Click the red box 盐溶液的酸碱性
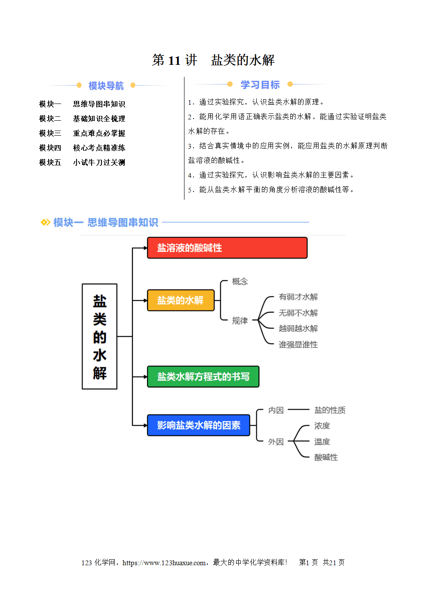[x=227, y=248]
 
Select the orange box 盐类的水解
[x=181, y=300]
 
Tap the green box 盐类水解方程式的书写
[x=203, y=377]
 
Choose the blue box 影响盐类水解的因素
[x=198, y=425]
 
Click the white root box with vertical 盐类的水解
[x=99, y=336]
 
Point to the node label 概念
[x=240, y=281]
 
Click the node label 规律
[x=240, y=320]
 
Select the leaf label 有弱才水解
[x=298, y=297]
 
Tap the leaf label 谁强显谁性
[x=298, y=344]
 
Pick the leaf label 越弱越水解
[x=298, y=329]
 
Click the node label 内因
[x=276, y=410]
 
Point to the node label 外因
[x=276, y=442]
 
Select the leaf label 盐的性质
[x=330, y=410]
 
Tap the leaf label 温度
[x=322, y=442]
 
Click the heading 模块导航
[x=106, y=85]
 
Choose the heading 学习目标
[x=260, y=85]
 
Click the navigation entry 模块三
[x=50, y=133]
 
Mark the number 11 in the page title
[x=175, y=60]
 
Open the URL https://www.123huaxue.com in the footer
[x=164, y=562]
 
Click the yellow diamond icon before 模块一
[x=45, y=222]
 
